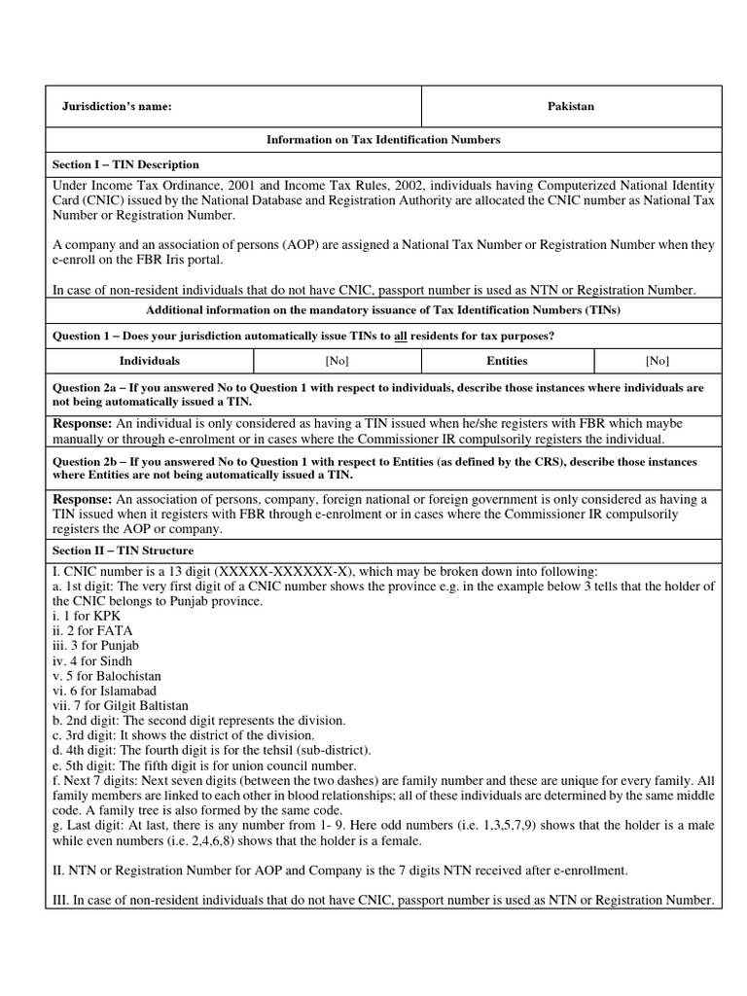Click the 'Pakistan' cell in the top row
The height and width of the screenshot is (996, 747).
(x=571, y=107)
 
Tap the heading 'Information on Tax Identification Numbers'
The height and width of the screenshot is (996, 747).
(x=383, y=140)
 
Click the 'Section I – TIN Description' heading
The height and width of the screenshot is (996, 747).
(x=125, y=164)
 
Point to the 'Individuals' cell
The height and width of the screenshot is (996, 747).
(x=149, y=361)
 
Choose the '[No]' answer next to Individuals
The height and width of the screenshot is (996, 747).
(x=337, y=361)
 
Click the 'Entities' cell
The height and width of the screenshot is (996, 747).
(x=507, y=361)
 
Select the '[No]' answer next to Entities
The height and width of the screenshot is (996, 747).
(x=657, y=361)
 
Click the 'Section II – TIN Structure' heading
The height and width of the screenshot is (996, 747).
(x=123, y=551)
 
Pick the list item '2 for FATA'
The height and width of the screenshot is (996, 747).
(x=85, y=630)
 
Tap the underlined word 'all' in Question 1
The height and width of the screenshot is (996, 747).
(x=400, y=337)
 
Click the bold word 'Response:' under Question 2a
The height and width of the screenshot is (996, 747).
(x=82, y=424)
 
